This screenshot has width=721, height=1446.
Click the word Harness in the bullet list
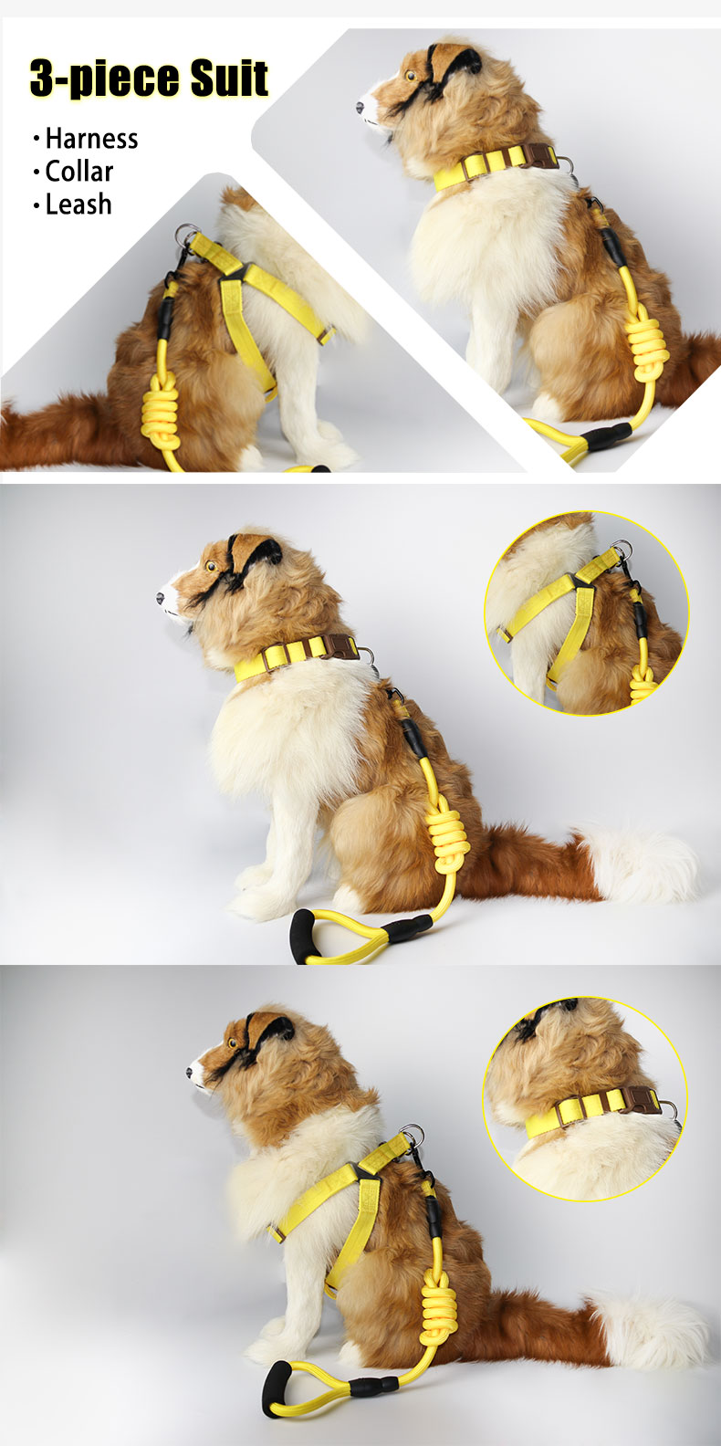point(91,139)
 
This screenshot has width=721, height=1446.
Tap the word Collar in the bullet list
point(78,172)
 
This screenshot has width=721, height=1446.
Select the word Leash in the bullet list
point(78,204)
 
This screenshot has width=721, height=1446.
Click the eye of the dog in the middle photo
point(210,565)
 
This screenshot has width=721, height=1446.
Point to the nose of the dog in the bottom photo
point(190,1073)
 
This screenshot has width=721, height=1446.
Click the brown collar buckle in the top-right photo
point(538,155)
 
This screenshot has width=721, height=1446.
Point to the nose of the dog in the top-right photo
point(360,108)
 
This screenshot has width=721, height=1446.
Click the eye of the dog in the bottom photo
point(233,1043)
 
